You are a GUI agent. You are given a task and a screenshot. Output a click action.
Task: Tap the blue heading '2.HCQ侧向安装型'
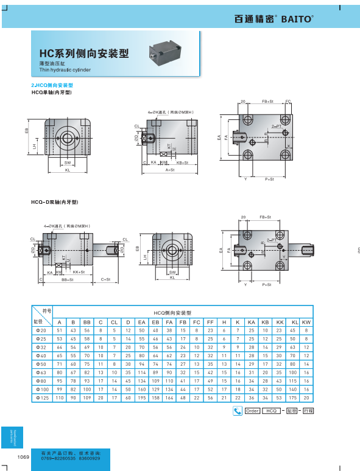pyautogui.click(x=52, y=86)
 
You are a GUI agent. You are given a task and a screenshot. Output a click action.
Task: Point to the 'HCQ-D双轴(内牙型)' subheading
pyautogui.click(x=55, y=201)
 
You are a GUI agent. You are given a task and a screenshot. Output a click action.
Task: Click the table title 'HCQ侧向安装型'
pyautogui.click(x=172, y=311)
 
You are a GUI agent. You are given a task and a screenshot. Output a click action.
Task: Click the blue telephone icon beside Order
pyautogui.click(x=238, y=411)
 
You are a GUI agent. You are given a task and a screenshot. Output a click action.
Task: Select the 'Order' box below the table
pyautogui.click(x=253, y=411)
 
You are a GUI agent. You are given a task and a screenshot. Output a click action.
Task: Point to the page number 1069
pyautogui.click(x=23, y=456)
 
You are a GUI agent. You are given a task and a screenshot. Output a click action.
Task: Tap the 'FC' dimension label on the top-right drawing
pyautogui.click(x=288, y=102)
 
